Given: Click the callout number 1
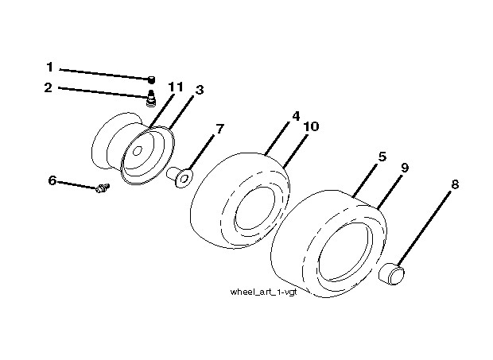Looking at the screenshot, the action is click(49, 67).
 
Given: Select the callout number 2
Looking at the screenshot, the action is click(48, 87).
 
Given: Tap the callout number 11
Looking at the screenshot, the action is click(176, 87).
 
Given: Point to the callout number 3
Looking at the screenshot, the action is click(200, 90).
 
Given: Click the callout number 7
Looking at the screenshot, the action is click(219, 129).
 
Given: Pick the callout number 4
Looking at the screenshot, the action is click(296, 116).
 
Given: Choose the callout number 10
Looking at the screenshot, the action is click(311, 126).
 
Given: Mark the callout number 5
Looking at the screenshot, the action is click(382, 157).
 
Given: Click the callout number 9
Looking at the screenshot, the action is click(405, 168).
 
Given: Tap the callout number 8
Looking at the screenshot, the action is click(455, 184).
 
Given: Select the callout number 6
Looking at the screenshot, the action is click(52, 180).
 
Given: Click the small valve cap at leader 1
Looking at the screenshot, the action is click(152, 79).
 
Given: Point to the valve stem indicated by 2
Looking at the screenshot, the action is click(151, 98).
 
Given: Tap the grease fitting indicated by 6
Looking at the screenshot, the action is click(103, 188).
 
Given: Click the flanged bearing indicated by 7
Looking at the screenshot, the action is click(180, 177).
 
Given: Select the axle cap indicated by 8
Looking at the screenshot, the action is click(391, 274).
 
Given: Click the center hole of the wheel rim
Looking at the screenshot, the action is click(137, 152).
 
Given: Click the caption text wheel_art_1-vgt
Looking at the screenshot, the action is click(263, 292).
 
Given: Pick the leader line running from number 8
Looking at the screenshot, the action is click(424, 229).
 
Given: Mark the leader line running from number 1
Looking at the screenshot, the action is click(104, 75).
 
